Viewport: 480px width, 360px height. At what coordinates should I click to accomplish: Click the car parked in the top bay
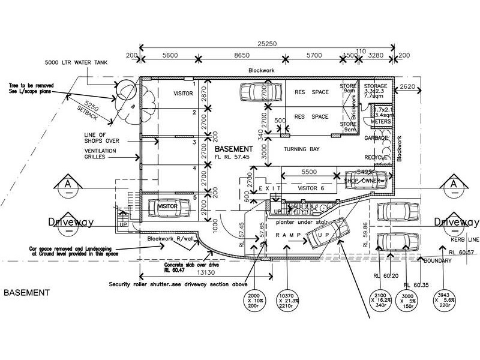pos(261,92)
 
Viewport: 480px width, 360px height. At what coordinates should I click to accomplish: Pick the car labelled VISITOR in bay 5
pos(170,206)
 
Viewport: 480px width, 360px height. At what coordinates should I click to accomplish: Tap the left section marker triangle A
pos(70,182)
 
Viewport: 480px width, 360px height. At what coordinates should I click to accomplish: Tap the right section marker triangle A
pos(454,182)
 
